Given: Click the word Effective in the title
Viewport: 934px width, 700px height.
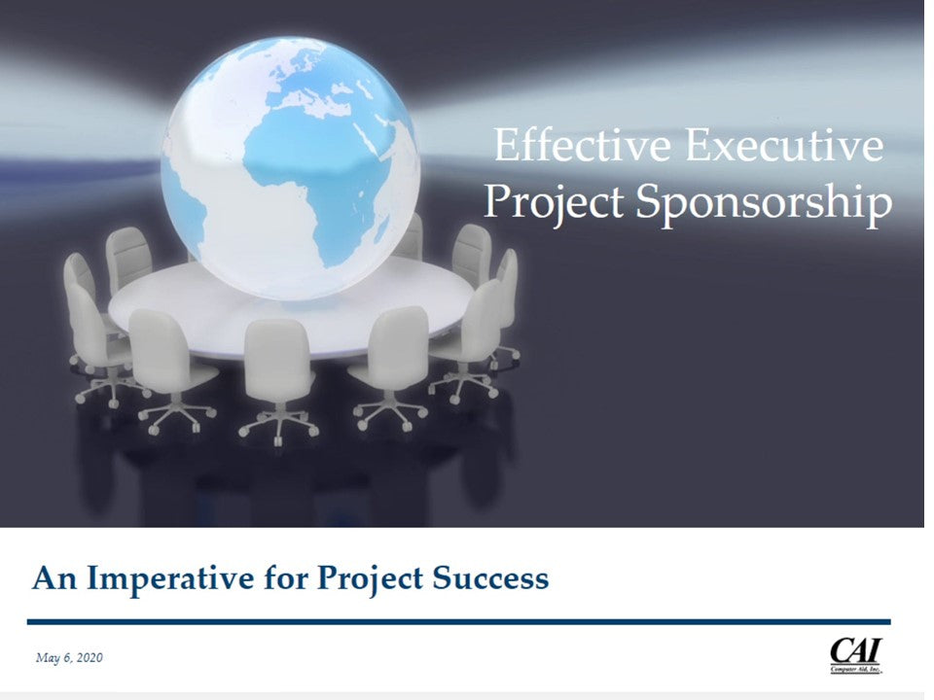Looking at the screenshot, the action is click(582, 145).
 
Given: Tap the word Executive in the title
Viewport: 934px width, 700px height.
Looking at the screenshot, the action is click(784, 145).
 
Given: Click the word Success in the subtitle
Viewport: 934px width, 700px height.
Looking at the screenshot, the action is click(490, 577).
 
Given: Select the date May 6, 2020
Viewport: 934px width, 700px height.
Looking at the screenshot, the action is click(69, 658).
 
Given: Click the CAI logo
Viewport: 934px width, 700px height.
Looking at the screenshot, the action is click(855, 654).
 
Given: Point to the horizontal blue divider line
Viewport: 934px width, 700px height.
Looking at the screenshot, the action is click(458, 622).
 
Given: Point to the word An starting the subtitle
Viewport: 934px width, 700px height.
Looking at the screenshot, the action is click(54, 578).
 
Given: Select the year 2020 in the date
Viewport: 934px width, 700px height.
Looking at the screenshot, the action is click(90, 658).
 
